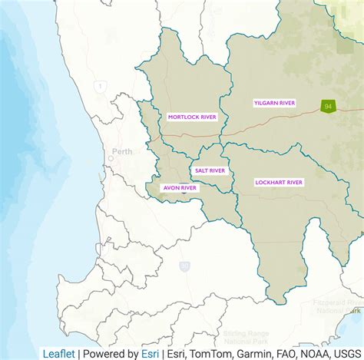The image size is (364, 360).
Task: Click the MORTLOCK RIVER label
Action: point(192,117)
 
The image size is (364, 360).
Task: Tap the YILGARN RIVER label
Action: point(275,102)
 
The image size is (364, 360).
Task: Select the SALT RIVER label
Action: point(210,170)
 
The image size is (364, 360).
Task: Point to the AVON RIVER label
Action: point(179,187)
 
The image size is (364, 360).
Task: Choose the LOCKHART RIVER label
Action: point(279,183)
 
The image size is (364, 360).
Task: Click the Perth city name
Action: point(121,151)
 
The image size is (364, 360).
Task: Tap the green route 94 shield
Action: point(328,107)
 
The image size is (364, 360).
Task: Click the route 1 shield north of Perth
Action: point(99,87)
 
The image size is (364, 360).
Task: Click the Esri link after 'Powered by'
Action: point(150,354)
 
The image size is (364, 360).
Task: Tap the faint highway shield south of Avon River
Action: point(184,266)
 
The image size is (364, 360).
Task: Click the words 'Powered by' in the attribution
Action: point(111,354)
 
